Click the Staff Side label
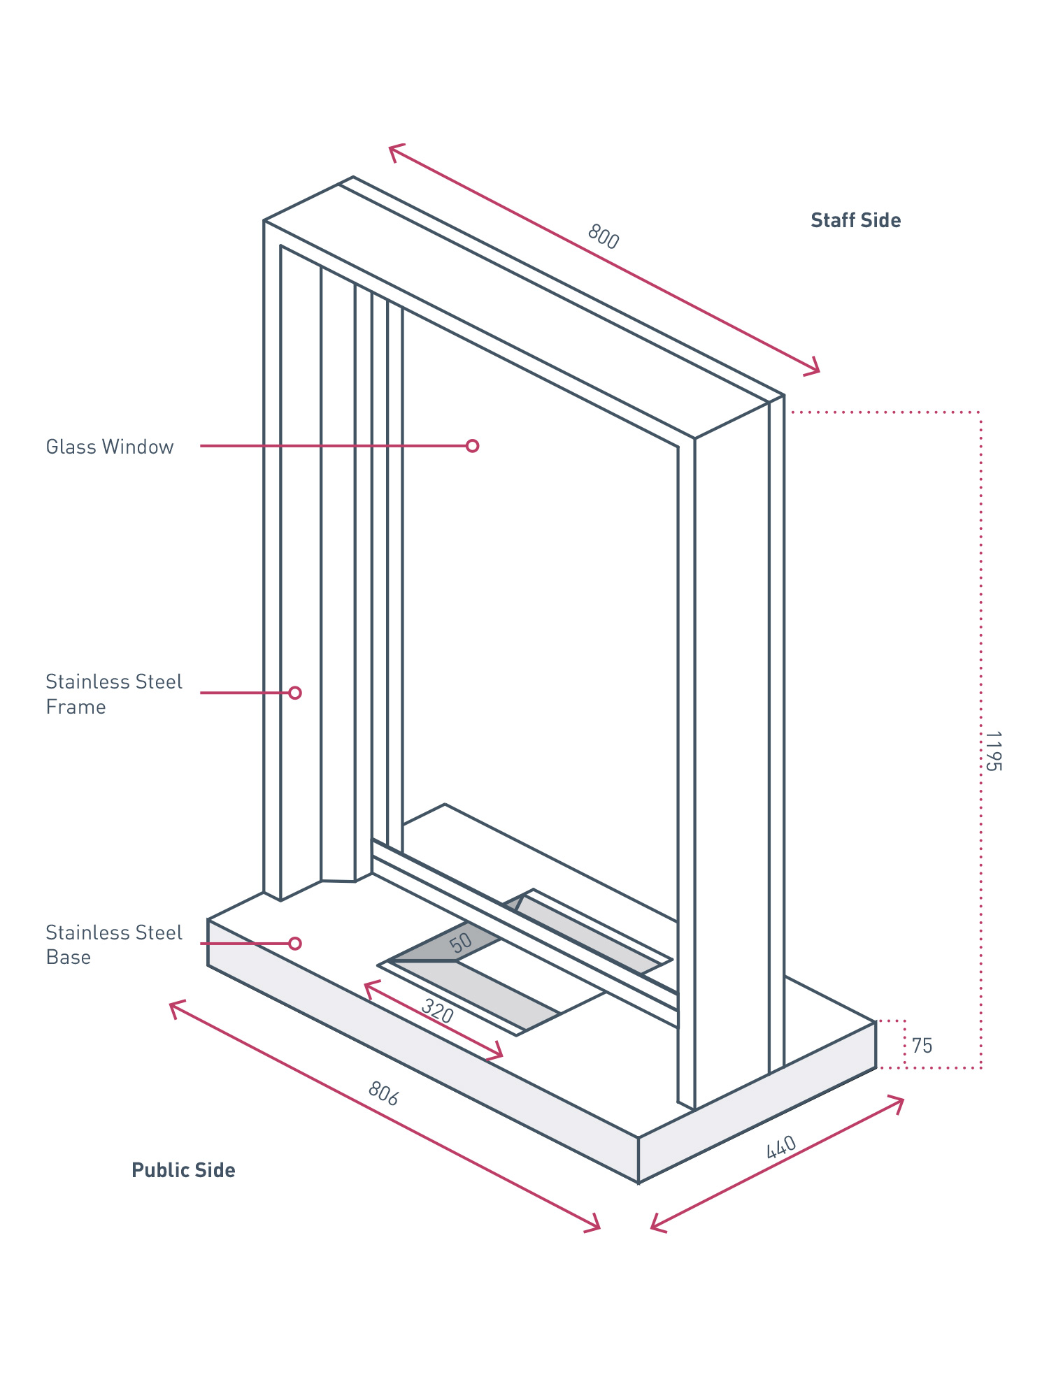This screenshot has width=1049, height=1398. tap(855, 221)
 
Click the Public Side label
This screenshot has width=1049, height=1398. tap(183, 1170)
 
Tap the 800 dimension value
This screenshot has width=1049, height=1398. tap(603, 237)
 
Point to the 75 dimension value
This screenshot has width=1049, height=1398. tap(922, 1046)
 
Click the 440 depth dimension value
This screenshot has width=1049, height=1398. tap(781, 1148)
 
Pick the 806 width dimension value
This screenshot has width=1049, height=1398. tap(383, 1094)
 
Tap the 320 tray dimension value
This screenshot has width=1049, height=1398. tap(438, 1011)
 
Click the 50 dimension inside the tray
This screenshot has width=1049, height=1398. tap(461, 943)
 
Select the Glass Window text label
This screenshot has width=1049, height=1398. tap(110, 447)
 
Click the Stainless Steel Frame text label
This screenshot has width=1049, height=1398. tap(113, 694)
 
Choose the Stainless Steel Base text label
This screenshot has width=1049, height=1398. tap(113, 944)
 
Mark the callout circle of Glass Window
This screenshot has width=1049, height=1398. tap(473, 446)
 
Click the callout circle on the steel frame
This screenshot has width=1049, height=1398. tap(295, 693)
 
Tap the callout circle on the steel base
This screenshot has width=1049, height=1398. tap(295, 944)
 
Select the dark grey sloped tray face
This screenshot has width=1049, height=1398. tap(448, 944)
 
